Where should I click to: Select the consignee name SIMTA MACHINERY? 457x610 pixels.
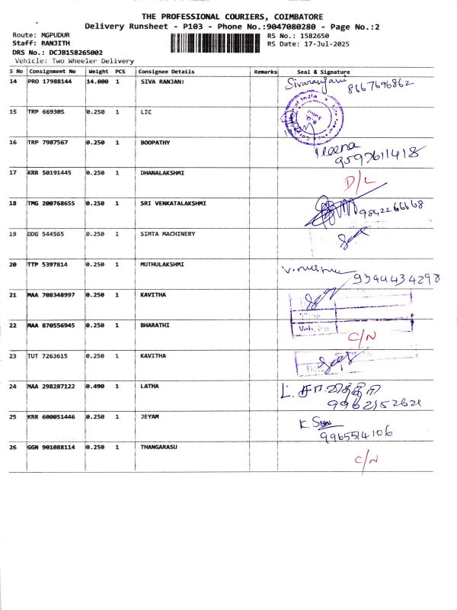[x=168, y=233]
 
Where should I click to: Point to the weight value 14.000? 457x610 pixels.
[x=97, y=81]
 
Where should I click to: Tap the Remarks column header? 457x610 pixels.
[x=265, y=71]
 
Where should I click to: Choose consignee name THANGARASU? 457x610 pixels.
[x=159, y=447]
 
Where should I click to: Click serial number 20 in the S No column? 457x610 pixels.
[x=13, y=265]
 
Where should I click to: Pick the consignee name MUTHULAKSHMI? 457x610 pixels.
[x=163, y=264]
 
